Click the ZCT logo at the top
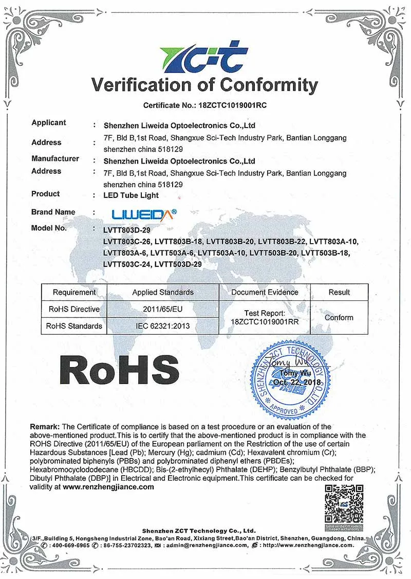coord(204,57)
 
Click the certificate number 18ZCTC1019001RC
coord(230,105)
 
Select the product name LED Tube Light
coord(131,195)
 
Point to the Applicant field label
coord(49,122)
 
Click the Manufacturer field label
coord(55,158)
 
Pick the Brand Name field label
coord(53,212)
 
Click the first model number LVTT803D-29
coord(127,230)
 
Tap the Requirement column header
coord(74,292)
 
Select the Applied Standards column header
coord(163,292)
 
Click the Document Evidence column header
coord(265,292)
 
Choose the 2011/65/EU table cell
coord(163,309)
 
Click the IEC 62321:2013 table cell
coord(163,326)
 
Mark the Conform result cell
coord(339,318)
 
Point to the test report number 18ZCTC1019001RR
coord(265,321)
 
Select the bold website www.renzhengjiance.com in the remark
coord(108,486)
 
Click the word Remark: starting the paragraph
coord(45,426)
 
